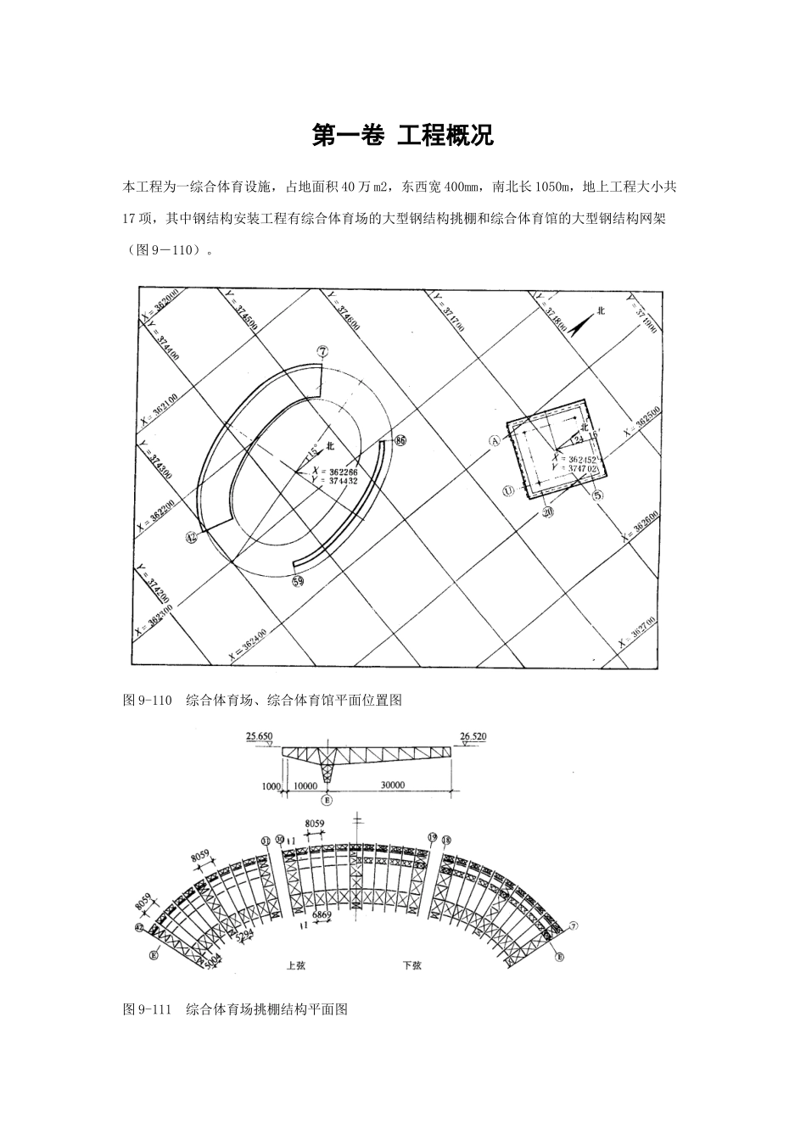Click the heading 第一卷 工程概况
[x=403, y=136]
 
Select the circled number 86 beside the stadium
[x=401, y=440]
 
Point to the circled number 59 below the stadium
[x=298, y=581]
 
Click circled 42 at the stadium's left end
[x=192, y=536]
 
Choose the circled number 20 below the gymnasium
[x=548, y=512]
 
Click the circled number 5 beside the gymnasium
[x=597, y=497]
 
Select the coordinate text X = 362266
[x=334, y=472]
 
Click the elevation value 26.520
[x=473, y=736]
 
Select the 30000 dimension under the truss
[x=392, y=785]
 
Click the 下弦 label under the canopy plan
[x=411, y=965]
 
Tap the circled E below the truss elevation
[x=327, y=799]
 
